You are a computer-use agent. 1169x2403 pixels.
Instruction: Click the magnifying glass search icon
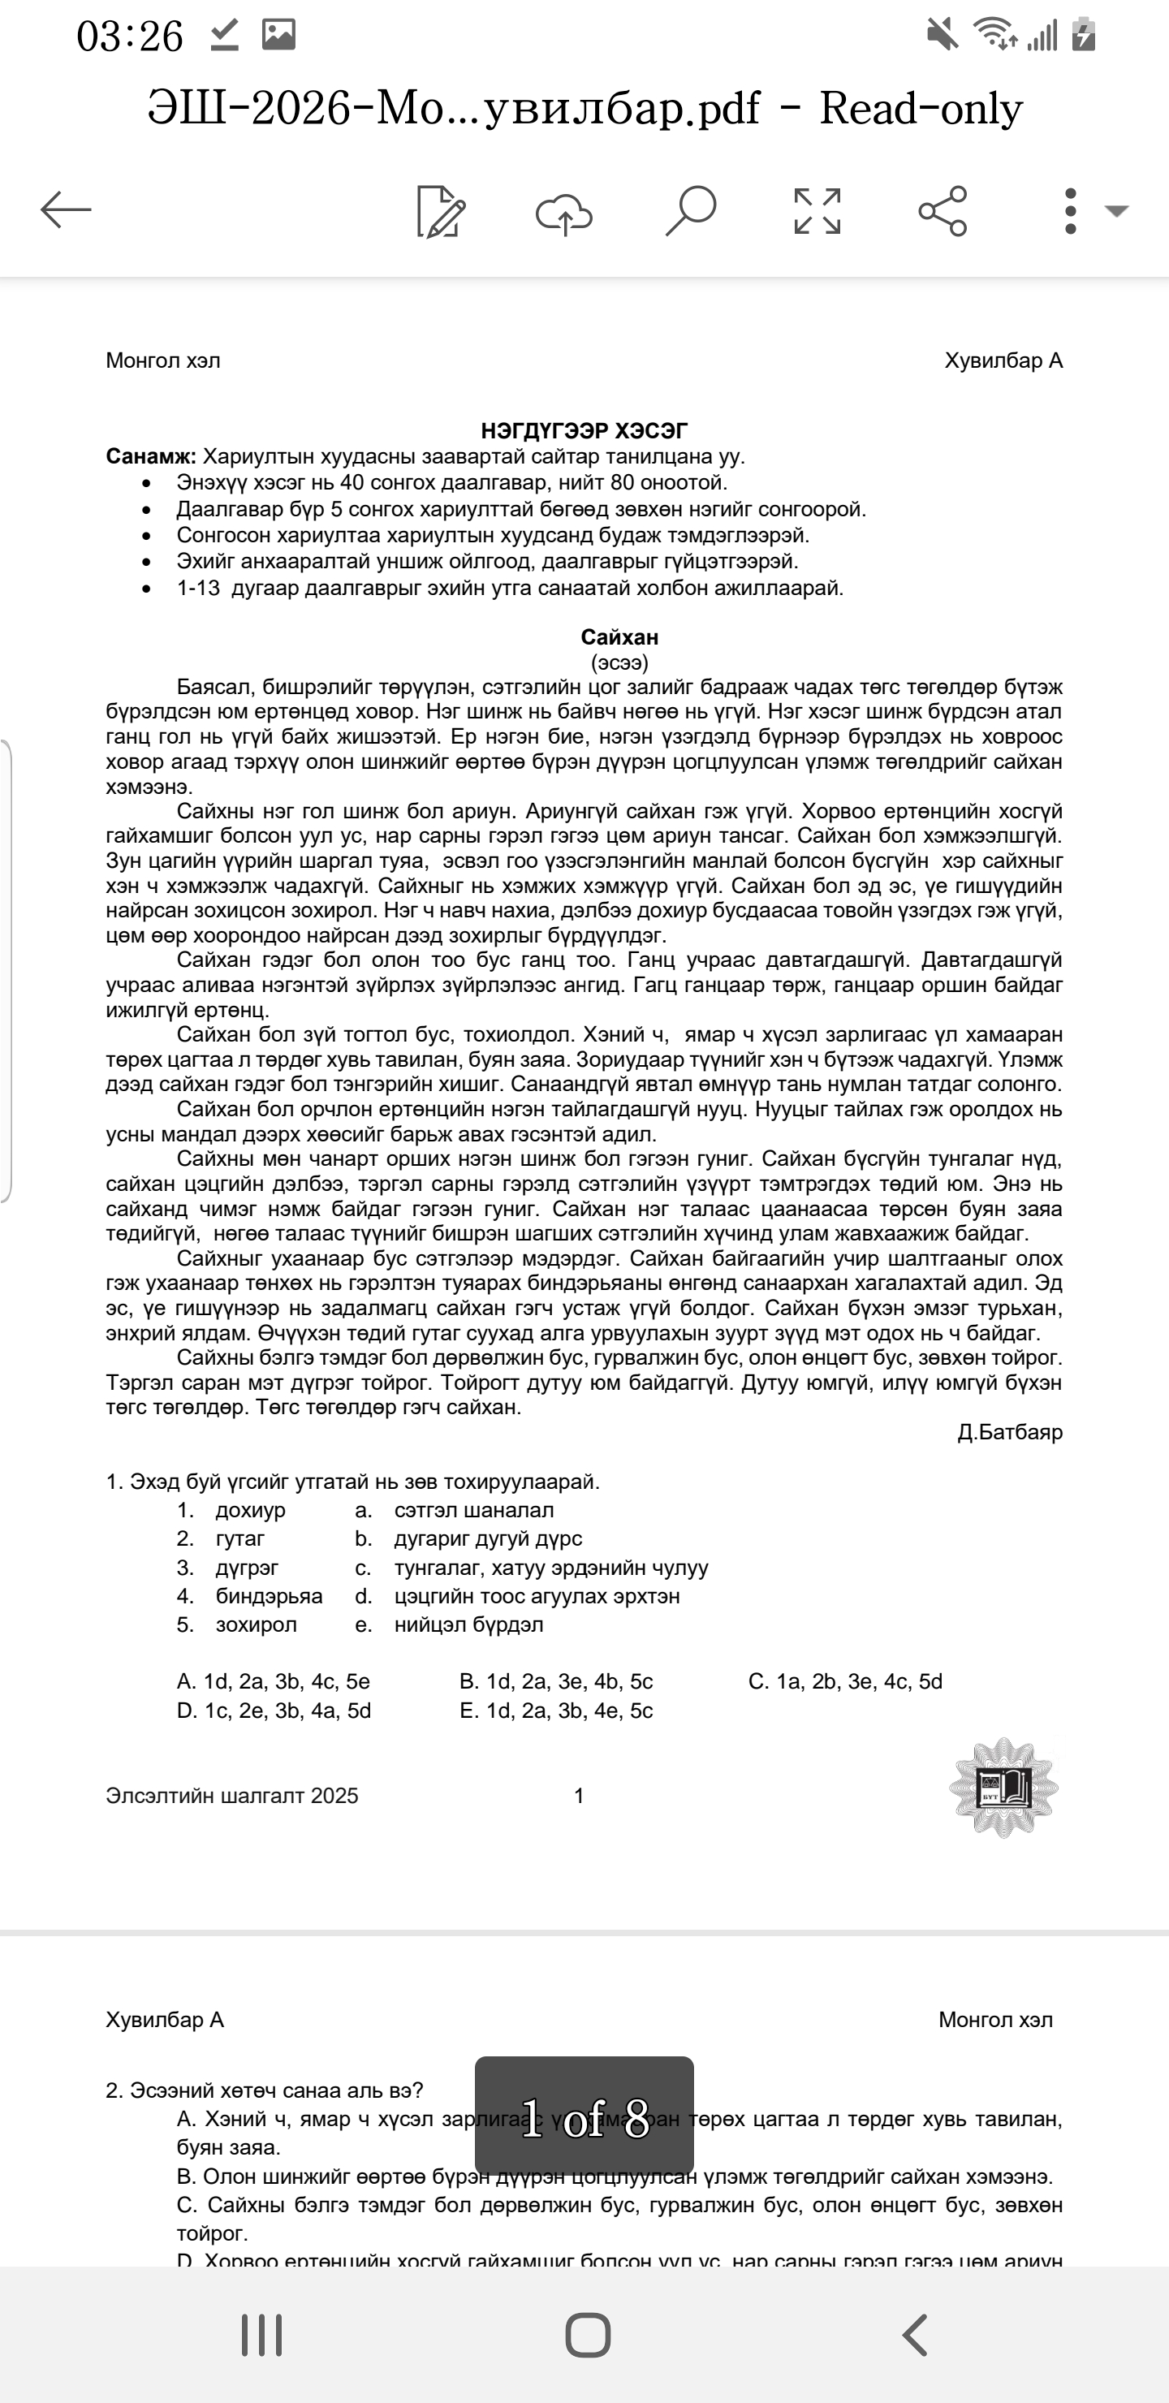click(690, 211)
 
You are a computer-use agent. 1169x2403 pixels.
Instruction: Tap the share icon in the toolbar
click(943, 211)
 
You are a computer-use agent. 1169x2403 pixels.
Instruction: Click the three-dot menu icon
click(1070, 211)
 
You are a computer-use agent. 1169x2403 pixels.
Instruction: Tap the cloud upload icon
click(563, 213)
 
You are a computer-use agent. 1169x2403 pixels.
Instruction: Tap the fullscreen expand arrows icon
click(817, 211)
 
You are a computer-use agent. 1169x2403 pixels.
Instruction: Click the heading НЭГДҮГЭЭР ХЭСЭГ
click(584, 430)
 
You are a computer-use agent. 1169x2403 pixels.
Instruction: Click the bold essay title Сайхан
click(619, 637)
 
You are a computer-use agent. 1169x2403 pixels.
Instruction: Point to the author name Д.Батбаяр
click(1009, 1432)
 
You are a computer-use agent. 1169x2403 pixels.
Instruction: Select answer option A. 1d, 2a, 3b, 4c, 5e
click(274, 1681)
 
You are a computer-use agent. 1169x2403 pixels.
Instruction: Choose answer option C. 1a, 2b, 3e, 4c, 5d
click(845, 1681)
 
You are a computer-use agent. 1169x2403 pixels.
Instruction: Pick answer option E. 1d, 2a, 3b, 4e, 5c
click(556, 1710)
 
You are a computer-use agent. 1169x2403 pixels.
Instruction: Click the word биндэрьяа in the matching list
click(269, 1596)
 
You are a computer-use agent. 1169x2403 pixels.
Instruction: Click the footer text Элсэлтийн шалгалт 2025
click(231, 1796)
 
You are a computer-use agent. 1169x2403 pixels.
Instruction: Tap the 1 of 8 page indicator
click(584, 2117)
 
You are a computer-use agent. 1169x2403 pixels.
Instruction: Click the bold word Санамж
click(150, 456)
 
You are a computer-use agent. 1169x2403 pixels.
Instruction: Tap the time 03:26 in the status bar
click(130, 37)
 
